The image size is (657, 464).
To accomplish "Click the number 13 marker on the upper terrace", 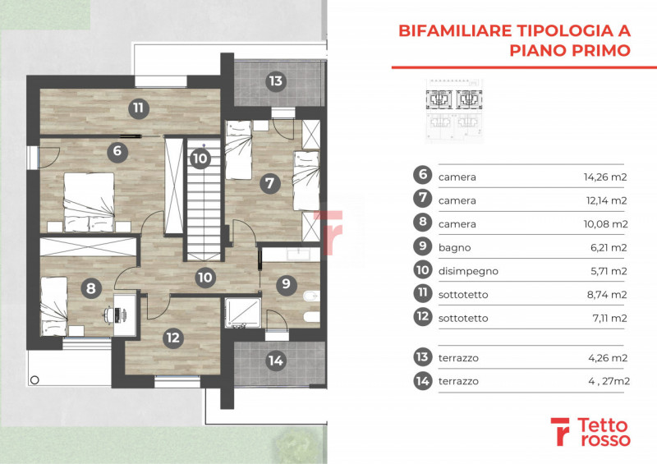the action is click(x=276, y=81).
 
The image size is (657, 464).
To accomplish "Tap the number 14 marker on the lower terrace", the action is click(x=276, y=360).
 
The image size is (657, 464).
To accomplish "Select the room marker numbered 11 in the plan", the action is click(x=138, y=108).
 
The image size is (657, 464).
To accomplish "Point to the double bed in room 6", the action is click(x=89, y=202).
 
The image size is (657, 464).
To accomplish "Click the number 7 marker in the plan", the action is click(x=269, y=183).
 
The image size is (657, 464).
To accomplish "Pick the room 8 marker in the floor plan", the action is click(x=91, y=288).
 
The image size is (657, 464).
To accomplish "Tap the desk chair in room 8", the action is click(x=110, y=315).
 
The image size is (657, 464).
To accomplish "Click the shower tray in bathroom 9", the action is click(x=242, y=312).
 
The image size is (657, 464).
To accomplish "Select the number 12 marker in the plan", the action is click(x=172, y=338).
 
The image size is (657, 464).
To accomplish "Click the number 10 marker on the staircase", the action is click(x=200, y=158).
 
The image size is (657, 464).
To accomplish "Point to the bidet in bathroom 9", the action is click(x=311, y=296).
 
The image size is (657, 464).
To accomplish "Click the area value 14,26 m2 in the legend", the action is click(x=605, y=177).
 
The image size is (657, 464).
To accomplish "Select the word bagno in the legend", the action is click(x=455, y=248).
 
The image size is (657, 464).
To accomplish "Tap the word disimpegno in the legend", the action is click(x=468, y=271).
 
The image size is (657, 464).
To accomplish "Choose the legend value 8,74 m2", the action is click(x=607, y=295).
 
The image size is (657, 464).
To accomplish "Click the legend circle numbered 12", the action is click(x=423, y=316).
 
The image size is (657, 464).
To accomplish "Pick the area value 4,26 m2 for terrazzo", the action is click(x=608, y=358).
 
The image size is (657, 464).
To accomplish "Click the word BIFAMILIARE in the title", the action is click(x=455, y=30).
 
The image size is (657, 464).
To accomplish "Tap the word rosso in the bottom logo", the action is click(x=604, y=439).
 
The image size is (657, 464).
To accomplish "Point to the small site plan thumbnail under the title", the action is click(x=454, y=111).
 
